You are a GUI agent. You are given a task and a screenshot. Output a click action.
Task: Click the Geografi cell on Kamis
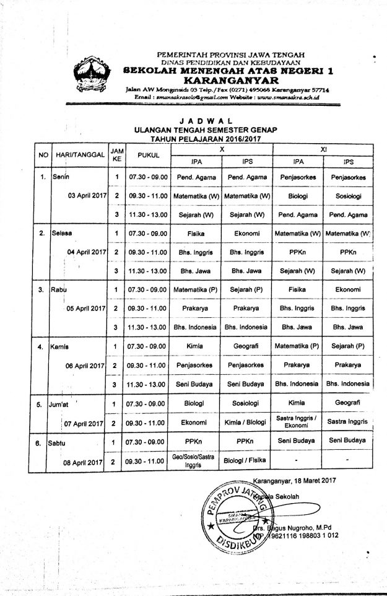[246, 346]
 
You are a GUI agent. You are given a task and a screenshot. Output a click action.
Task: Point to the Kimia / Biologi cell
[246, 424]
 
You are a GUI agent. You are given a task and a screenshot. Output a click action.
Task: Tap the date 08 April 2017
[84, 463]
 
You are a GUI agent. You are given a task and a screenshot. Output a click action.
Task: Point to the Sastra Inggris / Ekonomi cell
[297, 423]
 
